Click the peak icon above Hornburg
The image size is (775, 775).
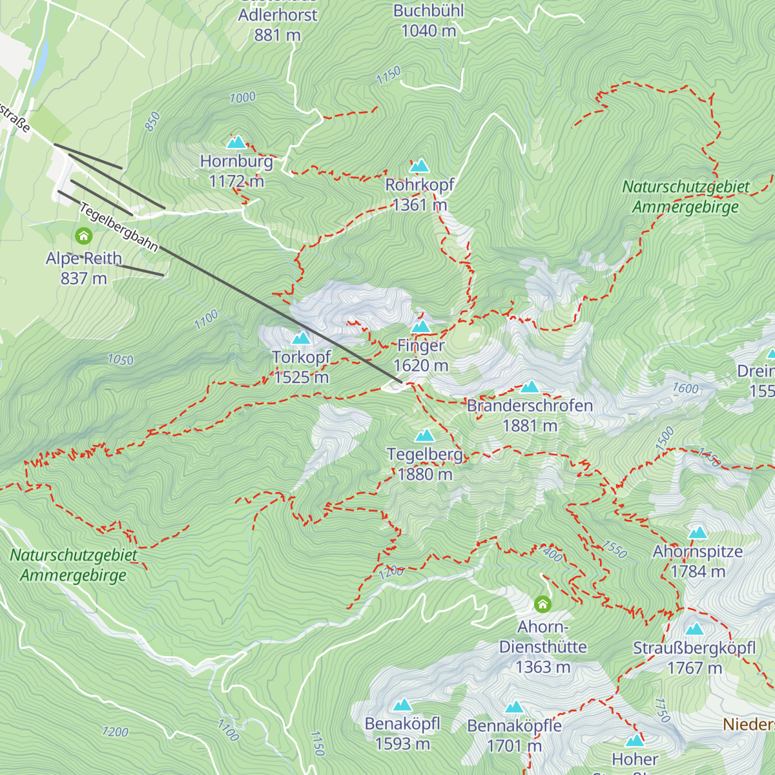(236, 141)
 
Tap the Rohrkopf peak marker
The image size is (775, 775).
(420, 166)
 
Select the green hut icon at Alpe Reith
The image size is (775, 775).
(83, 236)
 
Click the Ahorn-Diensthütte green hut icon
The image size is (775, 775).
(542, 604)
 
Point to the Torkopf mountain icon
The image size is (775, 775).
(301, 338)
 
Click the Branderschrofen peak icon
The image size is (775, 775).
(530, 386)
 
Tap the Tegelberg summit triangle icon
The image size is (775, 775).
(424, 436)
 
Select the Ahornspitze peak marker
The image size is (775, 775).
(697, 533)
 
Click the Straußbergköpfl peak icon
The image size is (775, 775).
(694, 629)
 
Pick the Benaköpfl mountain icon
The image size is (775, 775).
(402, 705)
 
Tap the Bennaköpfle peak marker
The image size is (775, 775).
(514, 707)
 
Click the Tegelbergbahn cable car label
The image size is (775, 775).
(119, 227)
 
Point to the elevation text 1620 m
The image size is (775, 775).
(420, 366)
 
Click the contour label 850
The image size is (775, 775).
(152, 121)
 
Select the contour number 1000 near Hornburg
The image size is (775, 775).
(243, 98)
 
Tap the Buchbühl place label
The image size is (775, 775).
(429, 11)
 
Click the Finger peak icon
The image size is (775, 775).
(420, 327)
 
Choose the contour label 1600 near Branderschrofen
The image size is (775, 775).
(686, 388)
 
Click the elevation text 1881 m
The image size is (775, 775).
(530, 426)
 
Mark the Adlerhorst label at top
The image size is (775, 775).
(278, 15)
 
